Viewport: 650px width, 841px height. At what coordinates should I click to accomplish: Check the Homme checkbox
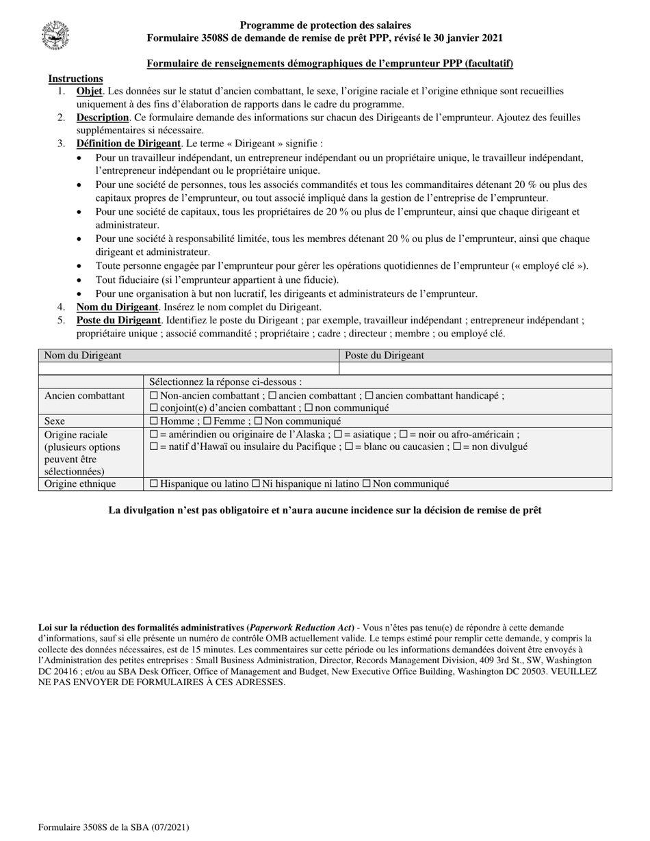tap(153, 421)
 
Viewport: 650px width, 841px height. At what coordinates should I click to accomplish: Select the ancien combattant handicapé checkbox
tap(369, 395)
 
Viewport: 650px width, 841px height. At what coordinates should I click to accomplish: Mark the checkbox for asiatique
tap(337, 434)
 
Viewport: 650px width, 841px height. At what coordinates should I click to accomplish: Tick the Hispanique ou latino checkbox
tap(153, 484)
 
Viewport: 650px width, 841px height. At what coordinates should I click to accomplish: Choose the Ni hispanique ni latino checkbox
tap(256, 484)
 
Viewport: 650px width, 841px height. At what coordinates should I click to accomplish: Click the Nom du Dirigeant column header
tap(83, 356)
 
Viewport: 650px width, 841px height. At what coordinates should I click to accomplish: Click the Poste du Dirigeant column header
tap(384, 356)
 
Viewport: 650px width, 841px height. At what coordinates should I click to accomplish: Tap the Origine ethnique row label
tap(80, 484)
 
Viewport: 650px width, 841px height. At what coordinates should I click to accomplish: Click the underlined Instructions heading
tap(75, 79)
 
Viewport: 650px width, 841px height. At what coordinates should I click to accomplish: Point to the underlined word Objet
tap(89, 91)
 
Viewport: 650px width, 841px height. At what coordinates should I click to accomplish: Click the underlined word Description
tap(103, 118)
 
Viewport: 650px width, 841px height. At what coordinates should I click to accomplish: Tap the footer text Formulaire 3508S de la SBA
tap(114, 827)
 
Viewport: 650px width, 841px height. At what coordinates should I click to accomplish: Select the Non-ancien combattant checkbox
tap(153, 395)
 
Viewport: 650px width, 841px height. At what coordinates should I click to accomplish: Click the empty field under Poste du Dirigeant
tap(475, 369)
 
